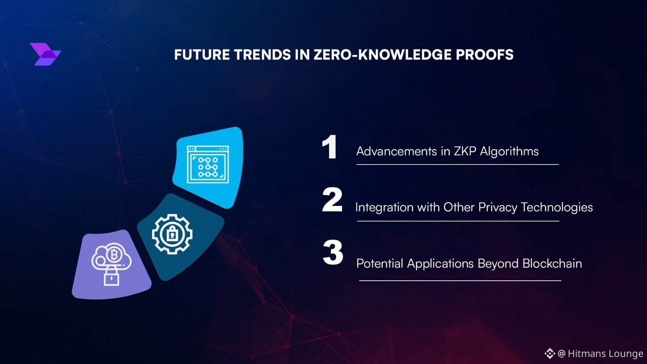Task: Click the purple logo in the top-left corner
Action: pos(45,54)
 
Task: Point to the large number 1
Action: pos(330,147)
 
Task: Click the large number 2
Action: pos(332,200)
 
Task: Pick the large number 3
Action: pos(333,252)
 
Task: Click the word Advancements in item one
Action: pos(396,151)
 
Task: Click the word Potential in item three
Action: pos(380,263)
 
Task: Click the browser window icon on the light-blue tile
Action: pos(208,164)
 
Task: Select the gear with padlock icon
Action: pos(172,234)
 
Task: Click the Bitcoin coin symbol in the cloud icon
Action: pos(113,255)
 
